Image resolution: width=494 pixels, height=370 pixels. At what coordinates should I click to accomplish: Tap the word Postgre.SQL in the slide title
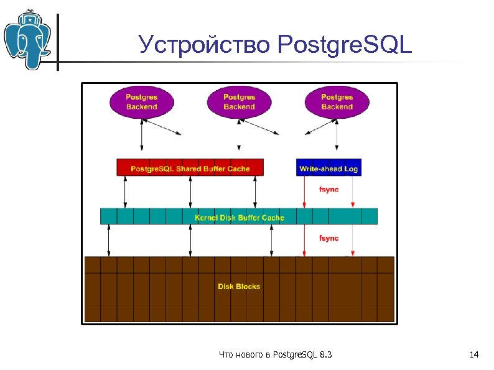tap(345, 45)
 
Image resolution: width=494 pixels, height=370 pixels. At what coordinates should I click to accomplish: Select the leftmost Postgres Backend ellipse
tap(142, 102)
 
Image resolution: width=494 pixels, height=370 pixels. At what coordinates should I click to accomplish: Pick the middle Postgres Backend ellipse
tap(239, 102)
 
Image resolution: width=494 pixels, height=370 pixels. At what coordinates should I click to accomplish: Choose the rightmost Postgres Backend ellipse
tap(337, 102)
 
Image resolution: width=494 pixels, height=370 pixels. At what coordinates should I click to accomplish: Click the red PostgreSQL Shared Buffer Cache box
tap(190, 168)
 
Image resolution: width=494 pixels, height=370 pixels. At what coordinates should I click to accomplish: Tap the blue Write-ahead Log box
tap(328, 168)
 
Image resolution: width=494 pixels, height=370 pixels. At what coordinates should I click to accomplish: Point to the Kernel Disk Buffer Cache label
tap(239, 217)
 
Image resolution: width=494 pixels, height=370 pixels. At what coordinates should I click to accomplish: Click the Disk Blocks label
tap(239, 287)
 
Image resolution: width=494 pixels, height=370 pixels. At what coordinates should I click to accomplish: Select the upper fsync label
tap(329, 189)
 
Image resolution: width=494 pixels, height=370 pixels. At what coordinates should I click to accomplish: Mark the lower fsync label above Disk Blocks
tap(329, 238)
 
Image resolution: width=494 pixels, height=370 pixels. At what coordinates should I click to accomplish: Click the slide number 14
tap(473, 354)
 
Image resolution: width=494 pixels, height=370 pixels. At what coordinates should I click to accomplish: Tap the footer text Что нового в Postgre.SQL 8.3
tap(276, 354)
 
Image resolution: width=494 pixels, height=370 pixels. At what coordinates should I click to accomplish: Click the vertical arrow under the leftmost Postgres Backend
tap(142, 136)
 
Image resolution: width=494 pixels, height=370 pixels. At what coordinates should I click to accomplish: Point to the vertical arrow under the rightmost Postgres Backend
tap(337, 136)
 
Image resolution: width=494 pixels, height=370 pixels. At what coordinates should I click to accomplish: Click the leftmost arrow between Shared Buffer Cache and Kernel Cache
tap(126, 192)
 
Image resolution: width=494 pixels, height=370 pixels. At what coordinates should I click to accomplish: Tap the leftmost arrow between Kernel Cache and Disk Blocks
tap(109, 240)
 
